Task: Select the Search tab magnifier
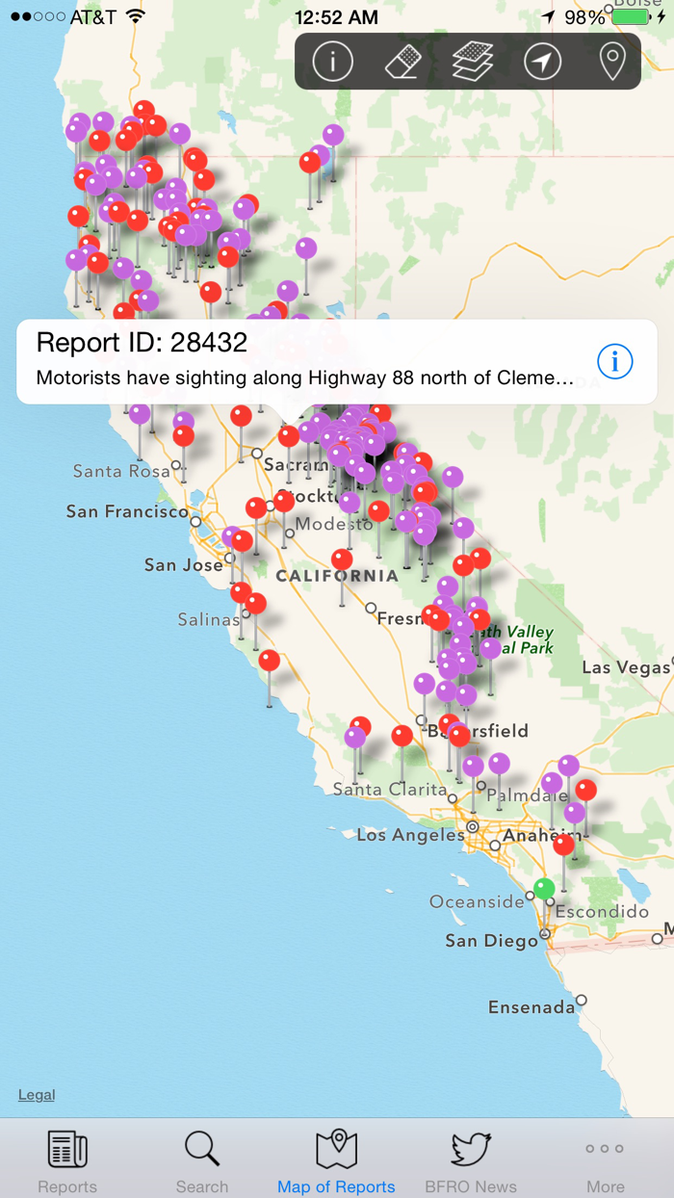coord(202,1150)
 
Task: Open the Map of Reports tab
coord(336,1150)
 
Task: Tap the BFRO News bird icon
coord(471,1150)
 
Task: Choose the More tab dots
coord(605,1149)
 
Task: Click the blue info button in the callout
coord(615,362)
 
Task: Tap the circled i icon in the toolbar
coord(333,62)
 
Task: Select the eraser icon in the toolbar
coord(403,63)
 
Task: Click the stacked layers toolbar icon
coord(473,62)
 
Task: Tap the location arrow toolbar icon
coord(543,62)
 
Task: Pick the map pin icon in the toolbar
coord(612,62)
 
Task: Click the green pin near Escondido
coord(545,887)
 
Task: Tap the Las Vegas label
coord(624,667)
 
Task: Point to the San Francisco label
coord(127,511)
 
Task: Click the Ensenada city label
coord(531,1007)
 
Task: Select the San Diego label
coord(491,941)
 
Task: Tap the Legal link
coord(37,1095)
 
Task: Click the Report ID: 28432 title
coord(142,342)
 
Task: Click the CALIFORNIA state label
coord(336,576)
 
